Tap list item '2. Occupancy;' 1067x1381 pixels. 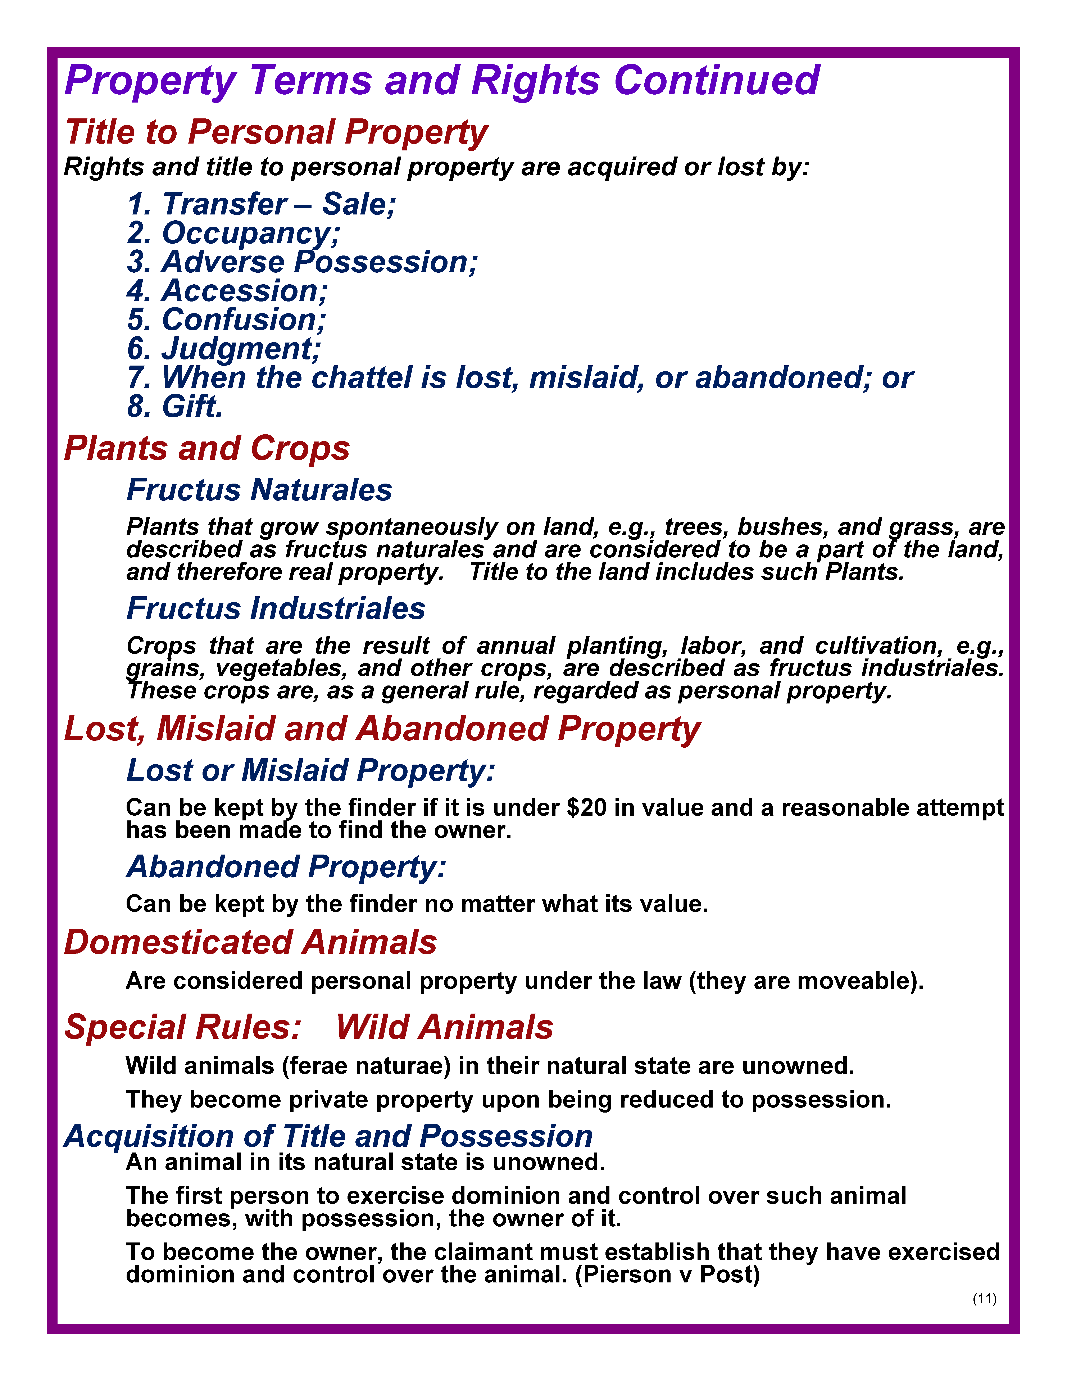pyautogui.click(x=233, y=233)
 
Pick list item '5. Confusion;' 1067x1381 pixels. pyautogui.click(x=226, y=320)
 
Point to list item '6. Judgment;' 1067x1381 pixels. pyautogui.click(x=224, y=348)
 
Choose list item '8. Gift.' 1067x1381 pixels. pyautogui.click(x=175, y=407)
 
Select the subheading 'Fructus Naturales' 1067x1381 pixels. pyautogui.click(x=259, y=490)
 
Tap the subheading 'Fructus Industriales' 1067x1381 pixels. pyautogui.click(x=276, y=608)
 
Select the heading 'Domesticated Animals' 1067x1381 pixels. pyautogui.click(x=250, y=942)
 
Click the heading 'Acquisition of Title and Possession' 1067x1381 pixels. pyautogui.click(x=328, y=1136)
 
